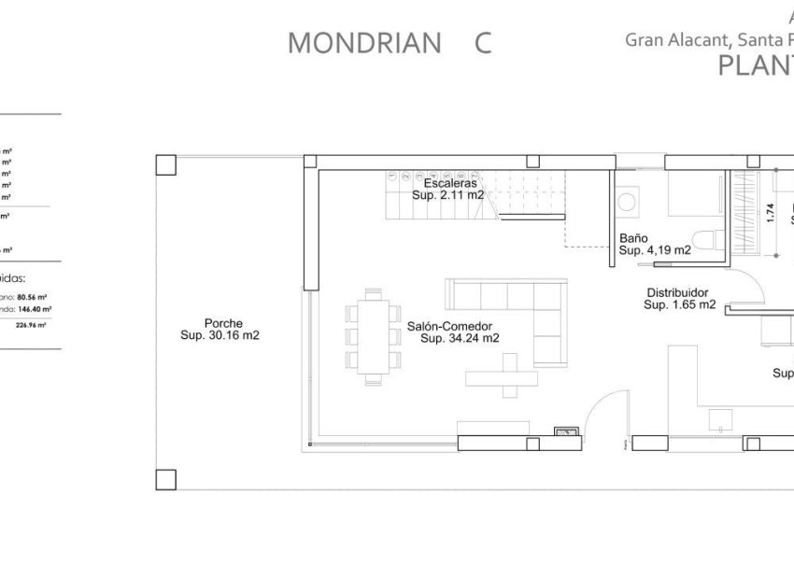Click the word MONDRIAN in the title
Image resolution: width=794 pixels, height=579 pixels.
(x=364, y=43)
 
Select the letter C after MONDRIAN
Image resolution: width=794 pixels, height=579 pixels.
(x=482, y=43)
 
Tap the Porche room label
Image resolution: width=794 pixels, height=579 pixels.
(x=220, y=323)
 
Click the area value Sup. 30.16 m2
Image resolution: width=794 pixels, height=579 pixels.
(x=220, y=336)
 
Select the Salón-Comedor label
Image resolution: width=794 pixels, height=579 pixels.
(x=449, y=326)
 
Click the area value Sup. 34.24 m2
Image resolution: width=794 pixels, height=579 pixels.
(x=460, y=338)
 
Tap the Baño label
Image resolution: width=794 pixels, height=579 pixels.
(x=633, y=238)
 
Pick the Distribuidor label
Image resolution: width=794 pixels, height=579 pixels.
(x=677, y=292)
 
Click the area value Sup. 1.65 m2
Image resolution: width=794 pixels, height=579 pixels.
(x=680, y=304)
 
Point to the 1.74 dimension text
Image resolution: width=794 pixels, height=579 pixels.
(x=770, y=213)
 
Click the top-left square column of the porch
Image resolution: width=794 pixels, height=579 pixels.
(x=165, y=164)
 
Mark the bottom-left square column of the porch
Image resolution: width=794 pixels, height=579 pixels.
(x=165, y=479)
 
